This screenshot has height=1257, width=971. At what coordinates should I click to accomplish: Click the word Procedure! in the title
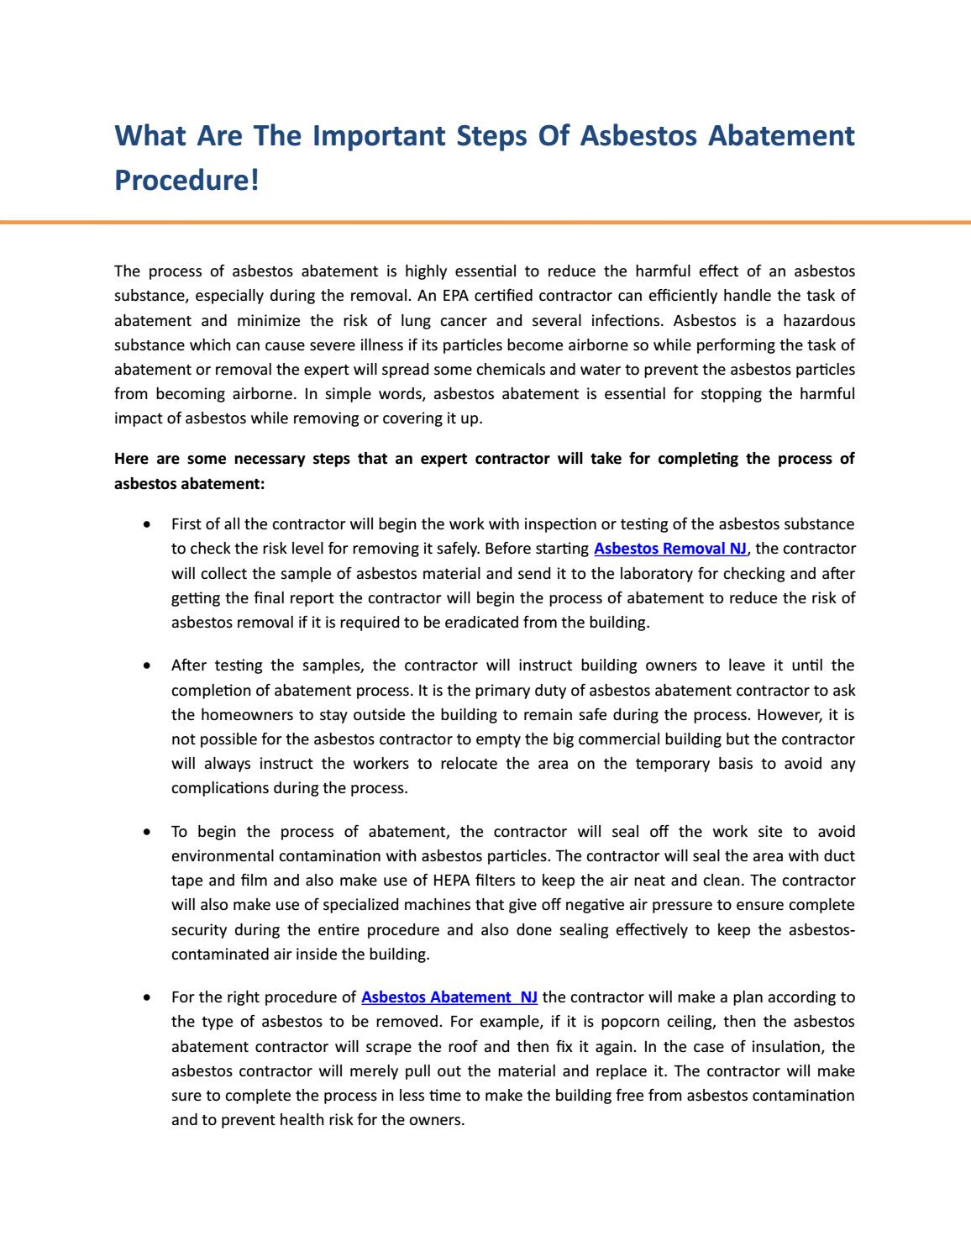(186, 180)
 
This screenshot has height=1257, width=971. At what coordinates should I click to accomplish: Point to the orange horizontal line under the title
(485, 222)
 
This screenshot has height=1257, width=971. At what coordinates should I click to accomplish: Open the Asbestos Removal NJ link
(669, 549)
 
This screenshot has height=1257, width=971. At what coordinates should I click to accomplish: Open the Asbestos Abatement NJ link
(449, 997)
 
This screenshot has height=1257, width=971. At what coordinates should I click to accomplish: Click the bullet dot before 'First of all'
(149, 524)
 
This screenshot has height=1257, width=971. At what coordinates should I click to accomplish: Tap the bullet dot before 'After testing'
(149, 665)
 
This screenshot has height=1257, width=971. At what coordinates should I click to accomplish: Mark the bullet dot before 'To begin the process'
(149, 832)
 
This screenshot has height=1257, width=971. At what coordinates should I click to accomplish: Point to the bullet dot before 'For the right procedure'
(149, 997)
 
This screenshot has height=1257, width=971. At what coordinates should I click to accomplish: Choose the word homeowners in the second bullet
(244, 715)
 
